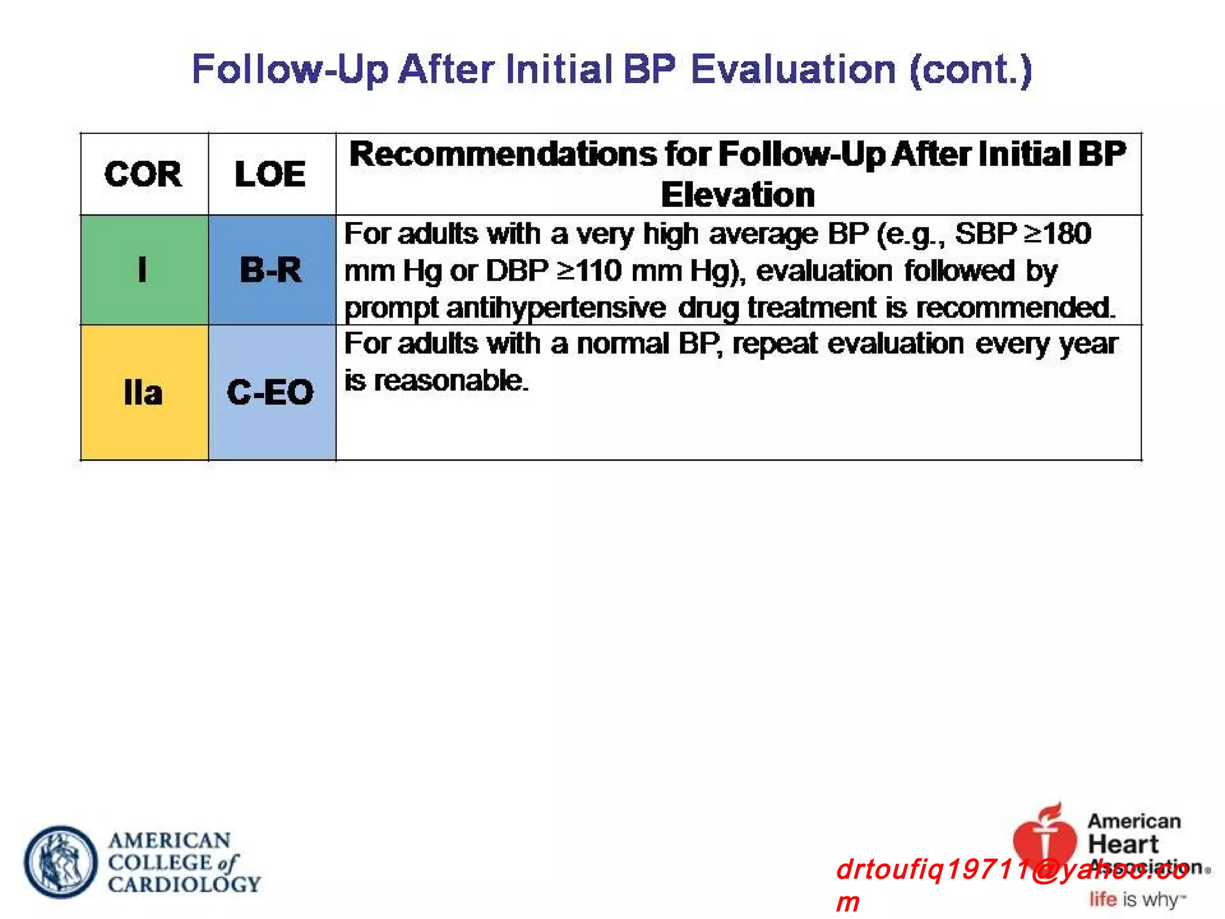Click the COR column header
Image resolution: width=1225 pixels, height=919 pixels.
[x=143, y=175]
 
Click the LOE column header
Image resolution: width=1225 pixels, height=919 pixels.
[x=270, y=175]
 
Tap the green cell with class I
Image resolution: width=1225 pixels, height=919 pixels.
[x=144, y=270]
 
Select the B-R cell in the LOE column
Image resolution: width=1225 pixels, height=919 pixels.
[x=271, y=270]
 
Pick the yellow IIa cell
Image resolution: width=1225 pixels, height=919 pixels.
[x=144, y=393]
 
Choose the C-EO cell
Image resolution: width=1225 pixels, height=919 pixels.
[x=271, y=393]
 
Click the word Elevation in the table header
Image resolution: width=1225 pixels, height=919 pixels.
[x=738, y=195]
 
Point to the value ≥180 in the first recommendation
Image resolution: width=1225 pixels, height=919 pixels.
[x=1058, y=233]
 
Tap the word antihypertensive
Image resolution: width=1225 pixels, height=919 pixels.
[x=556, y=308]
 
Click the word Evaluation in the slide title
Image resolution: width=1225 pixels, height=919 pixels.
[x=793, y=69]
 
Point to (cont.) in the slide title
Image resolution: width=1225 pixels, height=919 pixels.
[x=970, y=69]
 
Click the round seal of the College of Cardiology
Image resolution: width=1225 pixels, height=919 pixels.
[x=60, y=862]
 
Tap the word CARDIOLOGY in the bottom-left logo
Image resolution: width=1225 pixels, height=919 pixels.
[x=184, y=884]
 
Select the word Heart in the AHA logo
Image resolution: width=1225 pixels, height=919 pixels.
[x=1123, y=844]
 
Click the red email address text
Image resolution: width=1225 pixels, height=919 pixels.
[x=1011, y=870]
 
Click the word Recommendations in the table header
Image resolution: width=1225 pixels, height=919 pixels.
[x=503, y=154]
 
